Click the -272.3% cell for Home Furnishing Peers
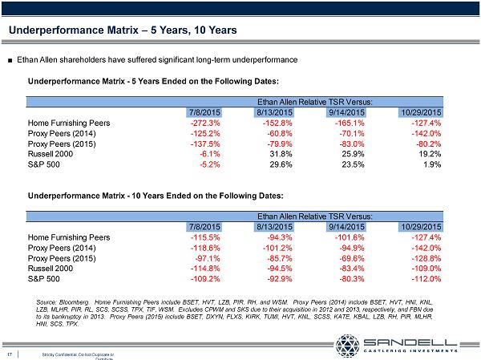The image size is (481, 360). point(201,123)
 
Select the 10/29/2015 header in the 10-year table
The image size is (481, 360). point(420,227)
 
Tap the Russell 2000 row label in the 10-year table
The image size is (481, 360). point(55,269)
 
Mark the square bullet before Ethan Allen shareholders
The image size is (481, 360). point(9,59)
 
